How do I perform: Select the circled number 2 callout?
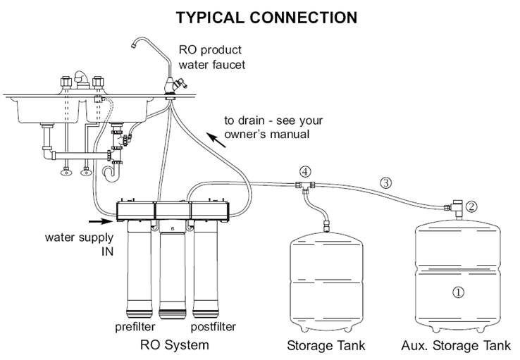click(x=472, y=207)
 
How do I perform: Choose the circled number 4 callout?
click(x=304, y=171)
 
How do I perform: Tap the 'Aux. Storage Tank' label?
click(x=456, y=346)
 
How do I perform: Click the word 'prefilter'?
click(x=135, y=327)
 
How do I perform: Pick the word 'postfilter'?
click(x=213, y=327)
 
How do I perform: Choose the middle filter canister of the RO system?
click(x=173, y=271)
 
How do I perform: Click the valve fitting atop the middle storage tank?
click(x=326, y=227)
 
